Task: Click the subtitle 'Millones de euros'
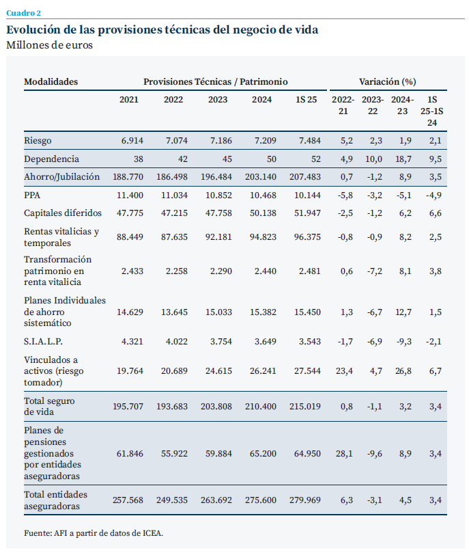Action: tap(49, 45)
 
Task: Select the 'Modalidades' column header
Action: tap(51, 81)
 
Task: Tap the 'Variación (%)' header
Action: tap(387, 81)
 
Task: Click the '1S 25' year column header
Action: tap(306, 100)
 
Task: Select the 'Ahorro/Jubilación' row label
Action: tap(62, 176)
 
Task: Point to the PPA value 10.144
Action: tap(307, 195)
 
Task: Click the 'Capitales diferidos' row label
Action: tap(63, 213)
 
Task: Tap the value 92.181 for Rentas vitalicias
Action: tap(218, 237)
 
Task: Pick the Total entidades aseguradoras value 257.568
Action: tap(128, 500)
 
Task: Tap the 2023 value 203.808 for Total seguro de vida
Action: tap(218, 406)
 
